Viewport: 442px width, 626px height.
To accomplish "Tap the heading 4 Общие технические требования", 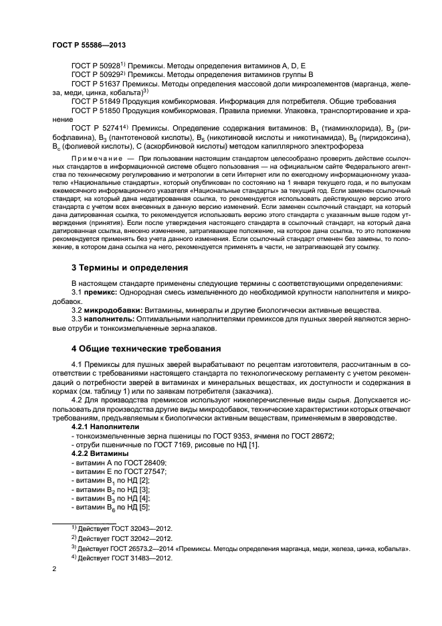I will pos(146,348).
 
